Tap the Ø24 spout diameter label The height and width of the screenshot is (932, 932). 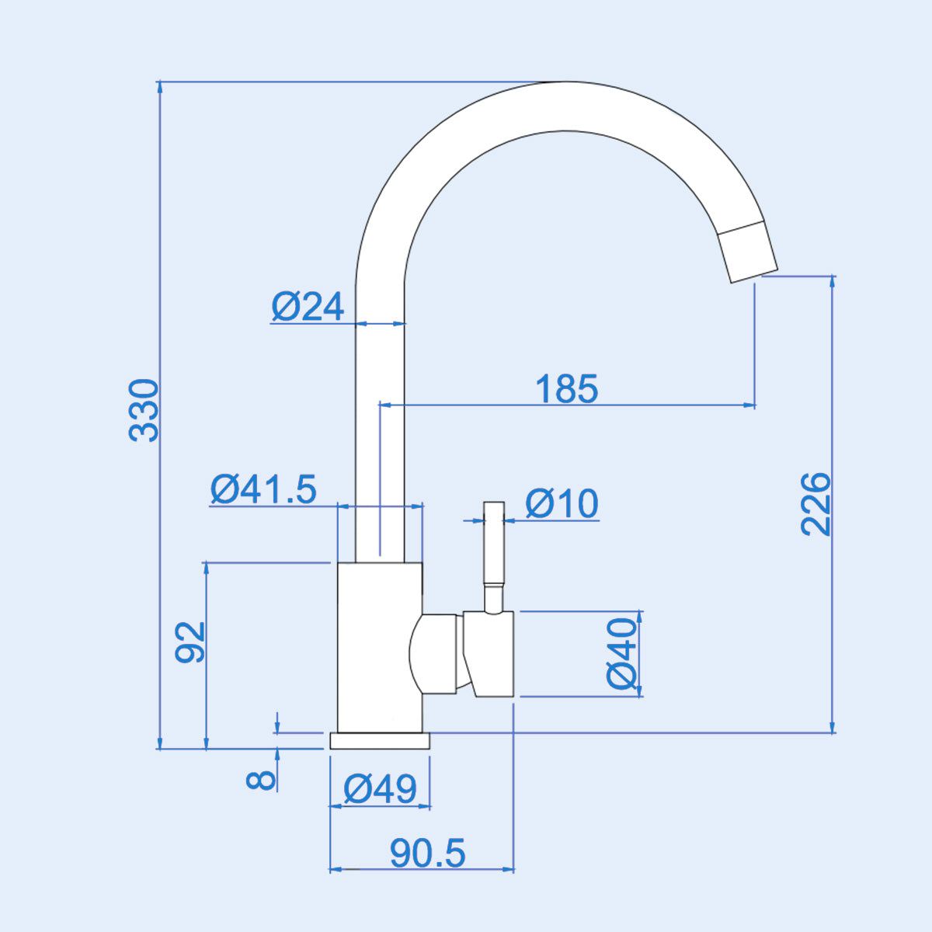(x=308, y=307)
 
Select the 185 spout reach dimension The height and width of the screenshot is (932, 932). (x=567, y=389)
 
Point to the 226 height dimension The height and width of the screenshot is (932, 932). (x=816, y=503)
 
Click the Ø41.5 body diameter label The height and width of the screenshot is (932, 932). (x=264, y=489)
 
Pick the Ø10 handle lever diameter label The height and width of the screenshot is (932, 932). (x=562, y=504)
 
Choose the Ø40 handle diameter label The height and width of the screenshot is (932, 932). (x=622, y=653)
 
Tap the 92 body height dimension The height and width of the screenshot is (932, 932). (x=190, y=642)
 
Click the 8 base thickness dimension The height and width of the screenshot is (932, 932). (x=262, y=778)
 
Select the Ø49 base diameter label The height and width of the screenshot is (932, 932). (x=381, y=790)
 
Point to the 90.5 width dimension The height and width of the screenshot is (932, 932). (x=428, y=854)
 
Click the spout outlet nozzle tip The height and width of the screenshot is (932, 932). (x=747, y=253)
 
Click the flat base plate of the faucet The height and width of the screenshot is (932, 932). (x=380, y=741)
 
